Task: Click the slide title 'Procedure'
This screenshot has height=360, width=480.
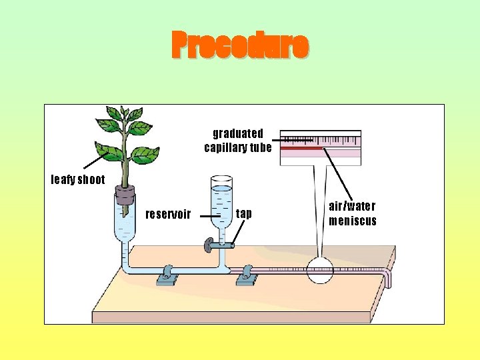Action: pos(240,45)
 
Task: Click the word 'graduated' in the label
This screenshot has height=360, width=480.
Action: pos(238,133)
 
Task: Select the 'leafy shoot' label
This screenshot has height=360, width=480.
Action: pos(78,179)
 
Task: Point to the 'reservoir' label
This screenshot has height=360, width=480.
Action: pos(168,214)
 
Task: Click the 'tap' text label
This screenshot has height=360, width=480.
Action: pos(244,214)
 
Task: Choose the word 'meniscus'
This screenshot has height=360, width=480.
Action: pos(352,221)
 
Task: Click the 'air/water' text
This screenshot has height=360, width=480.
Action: pos(352,207)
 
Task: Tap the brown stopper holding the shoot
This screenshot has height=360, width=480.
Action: pos(125,195)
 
